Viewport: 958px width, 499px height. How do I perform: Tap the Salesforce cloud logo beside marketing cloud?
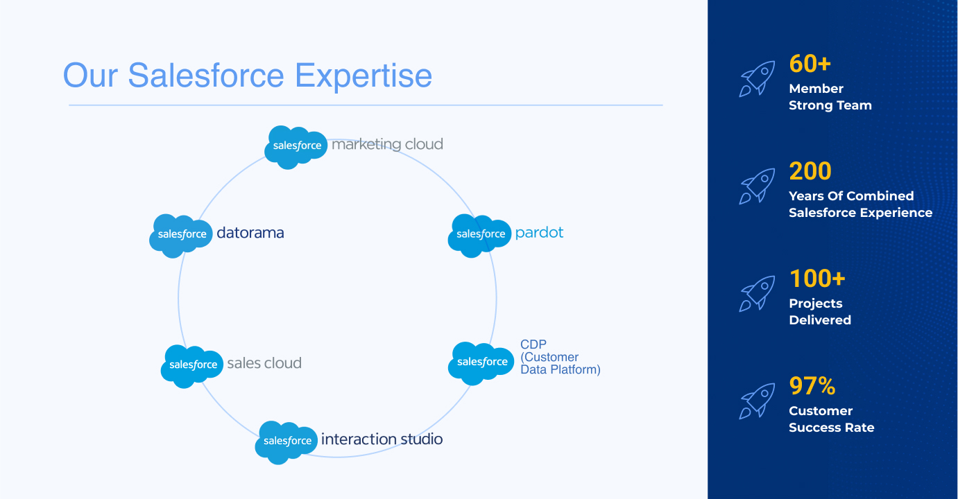pyautogui.click(x=296, y=146)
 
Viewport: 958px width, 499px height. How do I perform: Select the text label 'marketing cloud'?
pyautogui.click(x=387, y=144)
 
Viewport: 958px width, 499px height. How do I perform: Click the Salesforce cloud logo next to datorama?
pyautogui.click(x=181, y=235)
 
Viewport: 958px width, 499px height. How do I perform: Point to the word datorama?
pyautogui.click(x=250, y=233)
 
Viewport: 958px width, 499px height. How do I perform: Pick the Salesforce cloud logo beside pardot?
pyautogui.click(x=480, y=235)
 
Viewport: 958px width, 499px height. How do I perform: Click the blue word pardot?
pyautogui.click(x=539, y=233)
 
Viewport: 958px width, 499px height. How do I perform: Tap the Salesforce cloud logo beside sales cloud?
pyautogui.click(x=193, y=365)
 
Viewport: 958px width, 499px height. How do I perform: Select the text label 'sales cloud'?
pyautogui.click(x=264, y=363)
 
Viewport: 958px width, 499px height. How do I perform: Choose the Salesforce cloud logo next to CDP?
pyautogui.click(x=481, y=362)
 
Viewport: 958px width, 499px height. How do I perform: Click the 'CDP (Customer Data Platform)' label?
pyautogui.click(x=560, y=357)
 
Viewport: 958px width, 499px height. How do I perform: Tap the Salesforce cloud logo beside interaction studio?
pyautogui.click(x=287, y=441)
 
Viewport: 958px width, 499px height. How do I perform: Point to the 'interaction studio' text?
pyautogui.click(x=382, y=439)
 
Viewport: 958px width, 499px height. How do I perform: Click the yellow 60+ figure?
pyautogui.click(x=810, y=64)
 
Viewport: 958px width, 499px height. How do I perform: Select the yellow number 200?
pyautogui.click(x=810, y=171)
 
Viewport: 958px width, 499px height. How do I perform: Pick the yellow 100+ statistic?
pyautogui.click(x=816, y=279)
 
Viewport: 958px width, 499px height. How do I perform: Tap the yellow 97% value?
pyautogui.click(x=812, y=386)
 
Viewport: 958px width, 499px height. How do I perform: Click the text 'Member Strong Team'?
pyautogui.click(x=830, y=97)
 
